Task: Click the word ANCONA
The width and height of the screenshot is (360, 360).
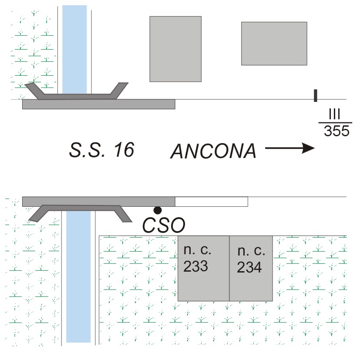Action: click(x=213, y=151)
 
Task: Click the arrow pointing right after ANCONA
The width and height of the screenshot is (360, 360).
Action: click(x=289, y=148)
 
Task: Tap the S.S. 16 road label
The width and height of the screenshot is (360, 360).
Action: click(x=101, y=150)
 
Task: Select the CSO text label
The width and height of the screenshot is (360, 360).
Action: click(x=164, y=225)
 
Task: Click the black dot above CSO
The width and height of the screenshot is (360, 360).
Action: click(x=158, y=210)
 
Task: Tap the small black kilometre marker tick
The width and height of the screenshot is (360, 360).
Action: click(x=315, y=95)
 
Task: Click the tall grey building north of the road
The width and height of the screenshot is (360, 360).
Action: click(x=175, y=49)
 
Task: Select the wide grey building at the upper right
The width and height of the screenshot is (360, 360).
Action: click(x=274, y=43)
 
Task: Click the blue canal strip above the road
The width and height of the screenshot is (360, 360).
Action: click(x=74, y=48)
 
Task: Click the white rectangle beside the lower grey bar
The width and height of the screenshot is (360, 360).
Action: click(x=211, y=202)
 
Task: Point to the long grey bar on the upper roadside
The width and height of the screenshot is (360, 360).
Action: click(x=98, y=104)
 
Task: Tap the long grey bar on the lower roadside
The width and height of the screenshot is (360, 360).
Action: click(x=98, y=202)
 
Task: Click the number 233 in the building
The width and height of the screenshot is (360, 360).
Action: click(x=195, y=267)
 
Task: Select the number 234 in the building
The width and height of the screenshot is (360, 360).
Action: click(x=249, y=267)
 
